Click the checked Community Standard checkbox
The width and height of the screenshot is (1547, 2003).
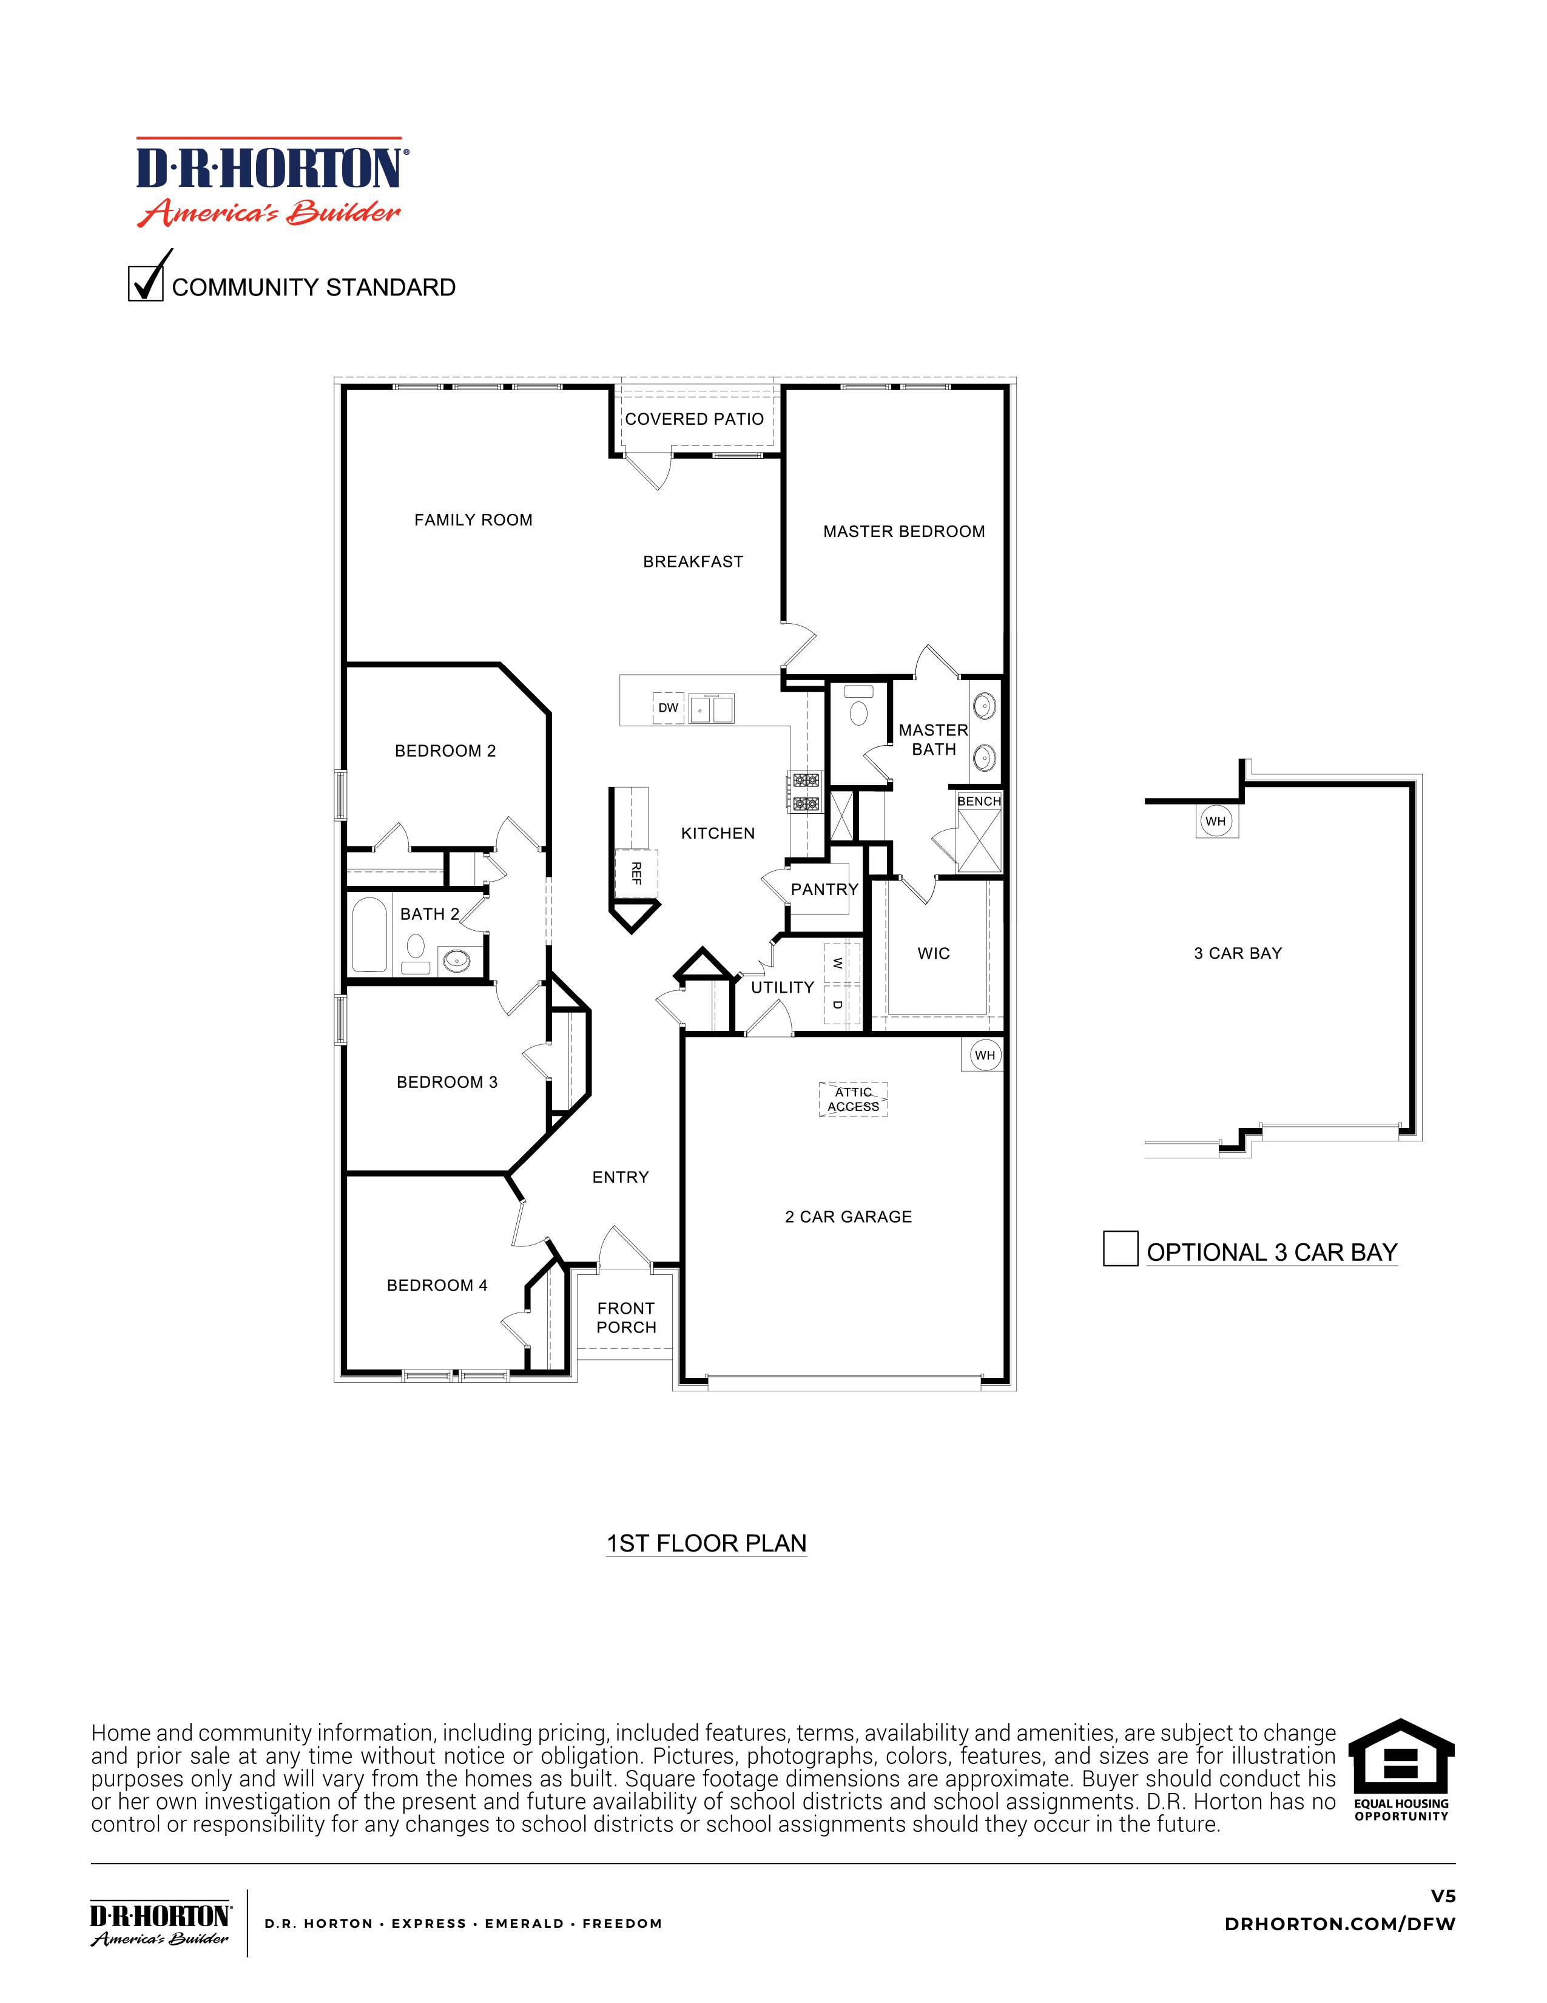146,283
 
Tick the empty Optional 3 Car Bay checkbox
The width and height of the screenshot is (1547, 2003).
1120,1248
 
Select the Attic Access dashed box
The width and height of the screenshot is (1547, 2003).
853,1099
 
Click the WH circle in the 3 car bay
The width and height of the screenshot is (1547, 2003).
1215,821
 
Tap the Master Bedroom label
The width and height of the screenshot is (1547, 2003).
903,532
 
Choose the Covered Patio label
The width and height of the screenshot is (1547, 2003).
694,419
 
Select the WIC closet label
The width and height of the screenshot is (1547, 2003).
934,954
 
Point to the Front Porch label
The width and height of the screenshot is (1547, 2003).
626,1318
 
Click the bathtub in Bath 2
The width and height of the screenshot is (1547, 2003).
369,934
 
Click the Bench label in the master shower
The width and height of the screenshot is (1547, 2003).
979,800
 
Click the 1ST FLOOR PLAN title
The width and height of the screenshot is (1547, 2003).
706,1544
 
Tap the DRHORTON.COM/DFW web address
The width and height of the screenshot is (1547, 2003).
1339,1924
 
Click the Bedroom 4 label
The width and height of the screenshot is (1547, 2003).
437,1286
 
